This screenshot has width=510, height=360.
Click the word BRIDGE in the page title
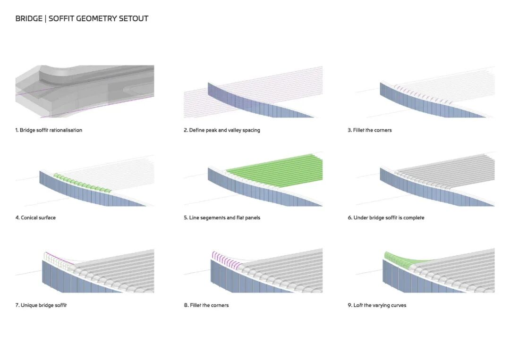click(28, 19)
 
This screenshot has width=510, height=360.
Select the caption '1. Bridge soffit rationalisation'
click(49, 130)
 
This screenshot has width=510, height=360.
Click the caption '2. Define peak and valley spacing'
click(221, 130)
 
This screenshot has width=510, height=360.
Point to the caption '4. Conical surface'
click(35, 218)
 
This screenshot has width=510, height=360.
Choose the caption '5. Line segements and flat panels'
click(222, 218)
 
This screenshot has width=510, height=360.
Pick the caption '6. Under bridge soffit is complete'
click(386, 218)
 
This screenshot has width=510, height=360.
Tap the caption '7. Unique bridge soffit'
click(41, 306)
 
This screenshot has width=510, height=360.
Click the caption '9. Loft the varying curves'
click(377, 306)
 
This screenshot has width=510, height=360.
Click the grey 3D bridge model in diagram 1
click(85, 90)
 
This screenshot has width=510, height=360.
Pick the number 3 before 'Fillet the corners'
click(349, 130)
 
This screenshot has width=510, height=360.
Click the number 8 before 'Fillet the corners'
click(186, 306)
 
